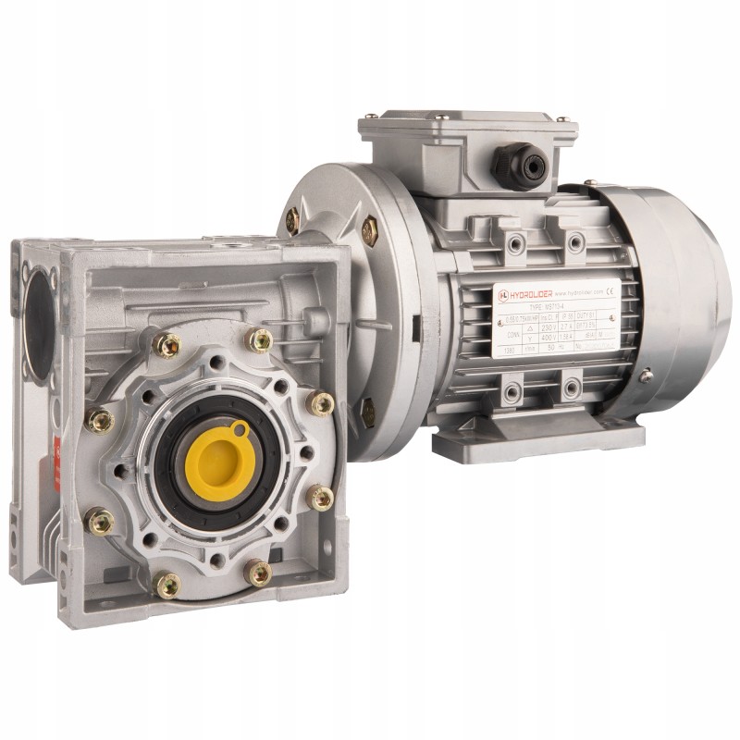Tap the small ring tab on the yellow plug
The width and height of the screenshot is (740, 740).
tap(240, 428)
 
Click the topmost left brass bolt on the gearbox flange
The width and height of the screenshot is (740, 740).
tap(167, 344)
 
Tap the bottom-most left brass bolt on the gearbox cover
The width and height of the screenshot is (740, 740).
tap(167, 585)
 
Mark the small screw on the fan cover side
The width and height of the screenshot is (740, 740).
tap(645, 376)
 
